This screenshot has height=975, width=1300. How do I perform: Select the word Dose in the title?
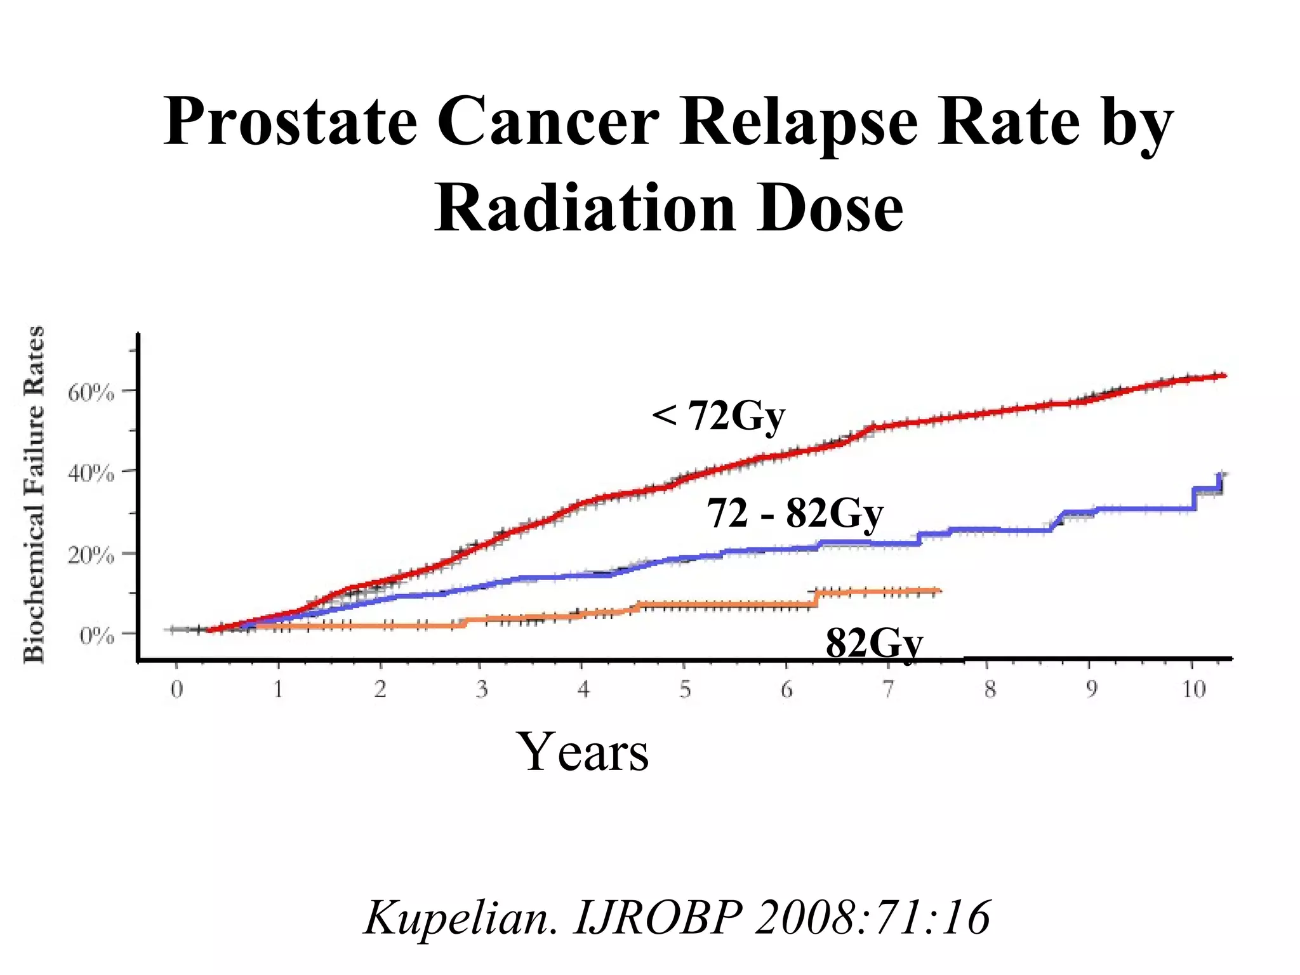pyautogui.click(x=830, y=209)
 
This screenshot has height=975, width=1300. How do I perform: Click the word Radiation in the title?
pyautogui.click(x=585, y=209)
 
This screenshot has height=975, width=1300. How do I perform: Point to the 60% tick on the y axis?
pyautogui.click(x=91, y=393)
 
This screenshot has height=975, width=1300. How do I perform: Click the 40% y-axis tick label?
pyautogui.click(x=91, y=474)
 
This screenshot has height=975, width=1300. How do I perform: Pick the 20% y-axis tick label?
pyautogui.click(x=91, y=555)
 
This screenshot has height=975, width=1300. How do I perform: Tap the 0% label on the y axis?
pyautogui.click(x=96, y=635)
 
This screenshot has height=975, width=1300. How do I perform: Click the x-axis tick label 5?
pyautogui.click(x=685, y=689)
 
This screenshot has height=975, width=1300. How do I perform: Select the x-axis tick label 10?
pyautogui.click(x=1194, y=689)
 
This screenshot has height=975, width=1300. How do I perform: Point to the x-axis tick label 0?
pyautogui.click(x=176, y=689)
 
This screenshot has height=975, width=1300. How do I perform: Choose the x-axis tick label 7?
pyautogui.click(x=888, y=689)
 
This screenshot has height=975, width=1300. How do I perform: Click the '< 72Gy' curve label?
pyautogui.click(x=719, y=417)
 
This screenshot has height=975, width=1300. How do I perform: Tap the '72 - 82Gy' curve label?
pyautogui.click(x=795, y=513)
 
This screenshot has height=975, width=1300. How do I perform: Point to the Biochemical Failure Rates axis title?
pyautogui.click(x=34, y=495)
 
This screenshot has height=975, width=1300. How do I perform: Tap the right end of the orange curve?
pyautogui.click(x=939, y=591)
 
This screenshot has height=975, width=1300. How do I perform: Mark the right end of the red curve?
pyautogui.click(x=1224, y=376)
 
